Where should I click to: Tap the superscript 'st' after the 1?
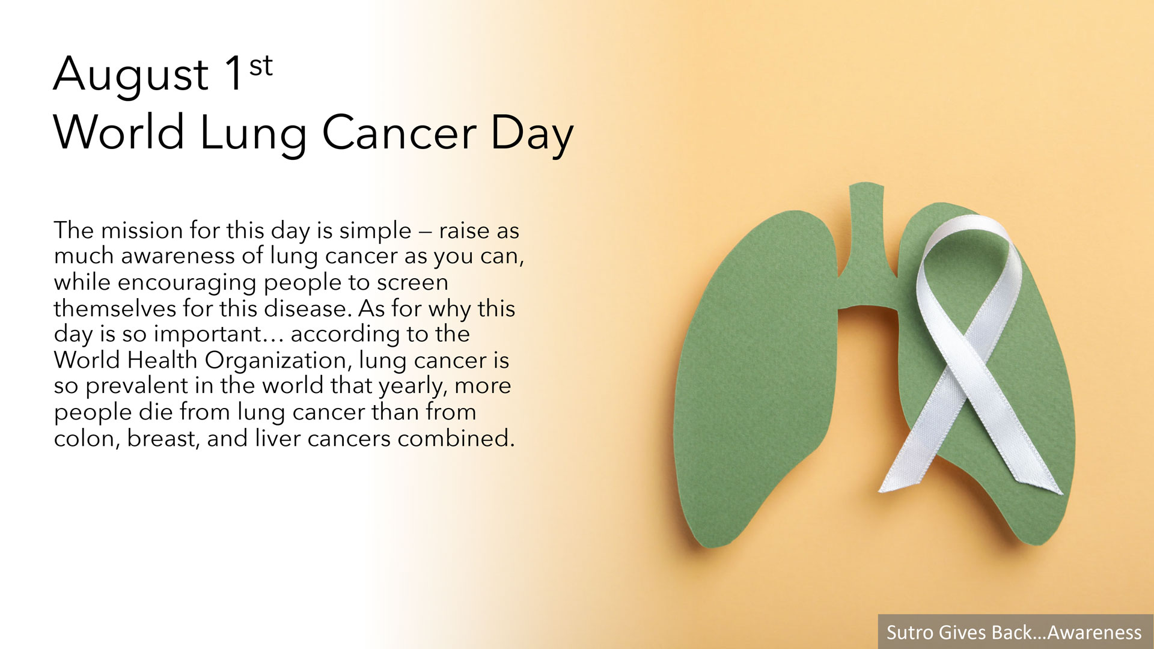(261, 66)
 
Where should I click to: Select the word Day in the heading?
(532, 133)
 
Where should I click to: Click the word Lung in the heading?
(252, 133)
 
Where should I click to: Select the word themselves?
(115, 308)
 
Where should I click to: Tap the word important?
(208, 335)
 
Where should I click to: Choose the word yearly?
(412, 386)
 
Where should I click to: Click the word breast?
(162, 439)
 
